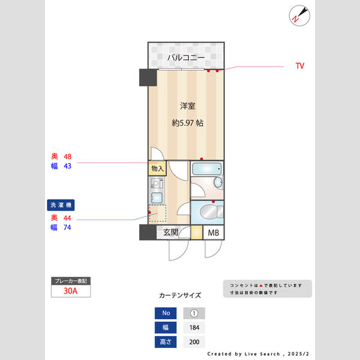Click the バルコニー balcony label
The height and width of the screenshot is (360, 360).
click(x=186, y=58)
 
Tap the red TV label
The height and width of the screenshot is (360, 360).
click(x=299, y=65)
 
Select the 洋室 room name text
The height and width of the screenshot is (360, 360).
click(x=187, y=106)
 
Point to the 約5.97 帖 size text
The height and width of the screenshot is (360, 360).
click(x=187, y=123)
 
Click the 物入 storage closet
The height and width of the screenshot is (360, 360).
click(x=158, y=169)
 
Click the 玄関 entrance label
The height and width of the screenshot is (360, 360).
click(x=170, y=233)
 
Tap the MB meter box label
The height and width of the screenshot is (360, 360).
click(x=214, y=233)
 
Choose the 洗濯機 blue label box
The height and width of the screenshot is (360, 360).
click(x=63, y=205)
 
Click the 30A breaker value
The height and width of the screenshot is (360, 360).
click(x=71, y=292)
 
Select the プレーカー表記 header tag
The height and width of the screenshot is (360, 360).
click(x=71, y=281)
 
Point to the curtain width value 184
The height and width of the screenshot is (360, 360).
click(x=194, y=328)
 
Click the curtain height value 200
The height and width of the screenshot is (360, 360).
click(x=194, y=342)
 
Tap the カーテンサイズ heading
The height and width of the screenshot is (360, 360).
click(x=180, y=296)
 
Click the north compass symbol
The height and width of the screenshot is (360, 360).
click(x=298, y=15)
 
